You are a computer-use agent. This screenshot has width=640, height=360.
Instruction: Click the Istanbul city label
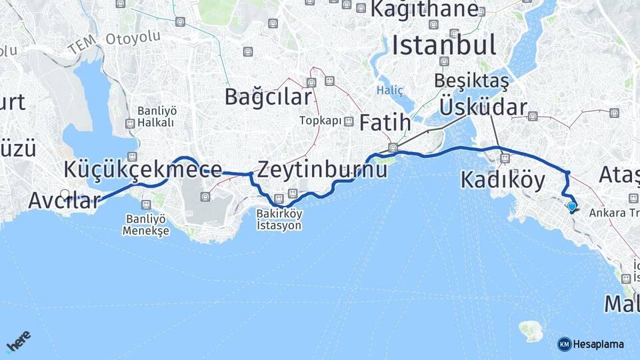[443, 45]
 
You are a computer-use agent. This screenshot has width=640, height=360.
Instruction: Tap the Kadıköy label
[503, 179]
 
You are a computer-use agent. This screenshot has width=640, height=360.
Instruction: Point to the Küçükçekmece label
[143, 169]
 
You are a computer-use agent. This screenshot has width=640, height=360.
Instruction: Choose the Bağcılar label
[267, 97]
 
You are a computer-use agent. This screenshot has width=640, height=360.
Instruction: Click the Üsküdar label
[483, 108]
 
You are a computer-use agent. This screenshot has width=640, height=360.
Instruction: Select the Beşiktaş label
[471, 81]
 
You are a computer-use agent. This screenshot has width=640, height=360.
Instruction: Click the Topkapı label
[320, 121]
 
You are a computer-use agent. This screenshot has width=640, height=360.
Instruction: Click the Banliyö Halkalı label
[155, 117]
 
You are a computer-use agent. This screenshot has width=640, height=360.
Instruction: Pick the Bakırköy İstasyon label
[279, 219]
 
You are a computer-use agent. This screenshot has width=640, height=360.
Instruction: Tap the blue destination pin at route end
[572, 207]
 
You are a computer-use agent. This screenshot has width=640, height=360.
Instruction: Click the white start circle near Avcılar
[65, 194]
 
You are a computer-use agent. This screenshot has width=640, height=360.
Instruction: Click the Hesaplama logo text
[597, 344]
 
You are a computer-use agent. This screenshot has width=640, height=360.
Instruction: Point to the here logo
[19, 343]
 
